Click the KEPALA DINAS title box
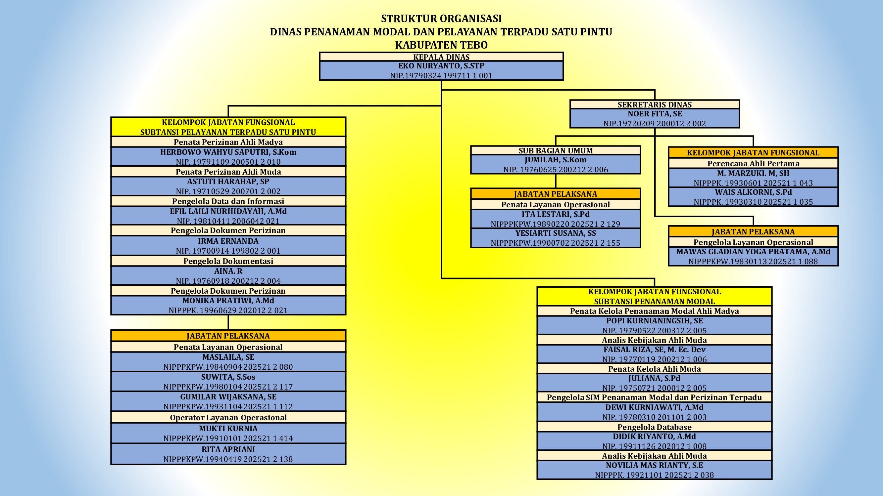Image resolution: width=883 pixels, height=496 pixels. tap(441, 57)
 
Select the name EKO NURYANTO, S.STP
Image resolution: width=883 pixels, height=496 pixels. tap(441, 66)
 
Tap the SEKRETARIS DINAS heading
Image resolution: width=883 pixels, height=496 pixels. tap(654, 104)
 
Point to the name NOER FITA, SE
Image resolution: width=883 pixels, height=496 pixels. tap(654, 114)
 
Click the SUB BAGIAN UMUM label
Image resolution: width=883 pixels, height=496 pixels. tap(555, 150)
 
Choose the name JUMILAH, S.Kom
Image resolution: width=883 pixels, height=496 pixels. tap(555, 159)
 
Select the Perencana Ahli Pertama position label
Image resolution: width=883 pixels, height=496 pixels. tap(753, 163)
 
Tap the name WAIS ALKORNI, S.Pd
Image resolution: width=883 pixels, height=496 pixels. tap(753, 192)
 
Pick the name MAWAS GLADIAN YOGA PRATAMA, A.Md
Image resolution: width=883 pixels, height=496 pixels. tap(753, 252)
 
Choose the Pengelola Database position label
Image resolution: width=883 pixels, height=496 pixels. tap(654, 427)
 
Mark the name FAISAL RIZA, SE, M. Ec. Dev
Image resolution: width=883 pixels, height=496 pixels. tap(654, 350)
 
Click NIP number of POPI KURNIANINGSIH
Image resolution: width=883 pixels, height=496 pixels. tap(654, 331)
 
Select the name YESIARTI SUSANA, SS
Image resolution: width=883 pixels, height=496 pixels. tap(555, 233)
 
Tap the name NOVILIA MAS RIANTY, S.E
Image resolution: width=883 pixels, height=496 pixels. tap(654, 465)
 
